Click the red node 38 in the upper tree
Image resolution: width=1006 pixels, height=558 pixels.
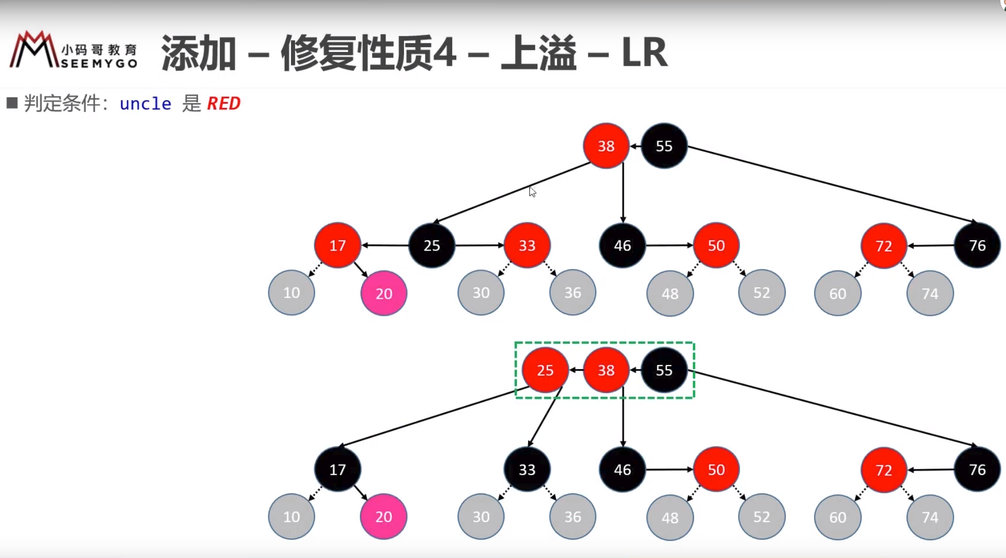click(x=606, y=146)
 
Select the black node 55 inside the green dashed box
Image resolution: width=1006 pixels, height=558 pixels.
click(x=664, y=370)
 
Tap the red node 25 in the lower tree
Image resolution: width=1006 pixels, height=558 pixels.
click(x=545, y=370)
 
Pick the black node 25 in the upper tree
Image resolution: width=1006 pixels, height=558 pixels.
click(x=432, y=245)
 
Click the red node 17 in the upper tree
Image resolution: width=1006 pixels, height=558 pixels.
click(x=338, y=245)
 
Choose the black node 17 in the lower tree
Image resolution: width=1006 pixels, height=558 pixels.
click(x=338, y=470)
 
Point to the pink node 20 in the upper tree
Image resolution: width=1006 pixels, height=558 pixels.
click(x=384, y=293)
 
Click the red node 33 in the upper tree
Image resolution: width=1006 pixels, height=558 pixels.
click(x=527, y=245)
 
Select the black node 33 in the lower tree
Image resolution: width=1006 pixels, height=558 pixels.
click(x=527, y=470)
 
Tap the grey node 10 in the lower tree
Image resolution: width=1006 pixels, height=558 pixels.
click(x=292, y=516)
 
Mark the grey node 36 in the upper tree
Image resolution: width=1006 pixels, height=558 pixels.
click(x=573, y=293)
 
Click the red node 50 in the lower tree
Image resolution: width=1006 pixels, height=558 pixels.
click(x=717, y=470)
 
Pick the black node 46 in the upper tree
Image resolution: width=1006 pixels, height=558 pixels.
click(x=623, y=245)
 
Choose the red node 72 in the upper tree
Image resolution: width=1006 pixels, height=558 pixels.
click(x=884, y=246)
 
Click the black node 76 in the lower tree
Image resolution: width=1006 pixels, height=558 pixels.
click(x=977, y=470)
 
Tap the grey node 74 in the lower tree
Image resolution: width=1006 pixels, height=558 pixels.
click(x=930, y=517)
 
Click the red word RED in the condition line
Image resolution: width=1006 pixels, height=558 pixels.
click(x=224, y=104)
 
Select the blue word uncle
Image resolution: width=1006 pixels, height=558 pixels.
click(x=145, y=104)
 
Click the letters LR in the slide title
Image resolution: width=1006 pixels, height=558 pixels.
click(x=645, y=52)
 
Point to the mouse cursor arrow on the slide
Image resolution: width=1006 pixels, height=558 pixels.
click(x=532, y=191)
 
